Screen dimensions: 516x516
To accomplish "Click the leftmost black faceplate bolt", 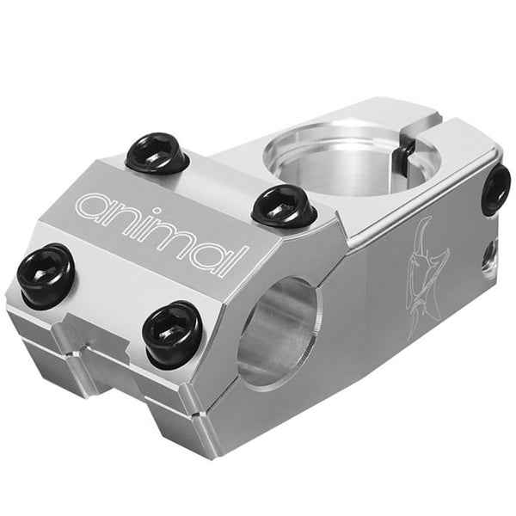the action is pos(46,276).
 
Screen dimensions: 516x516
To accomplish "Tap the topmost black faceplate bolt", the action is pos(157,154).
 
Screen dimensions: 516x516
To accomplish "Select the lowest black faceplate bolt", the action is pos(173,334).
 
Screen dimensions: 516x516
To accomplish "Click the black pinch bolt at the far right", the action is pos(498,190).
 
